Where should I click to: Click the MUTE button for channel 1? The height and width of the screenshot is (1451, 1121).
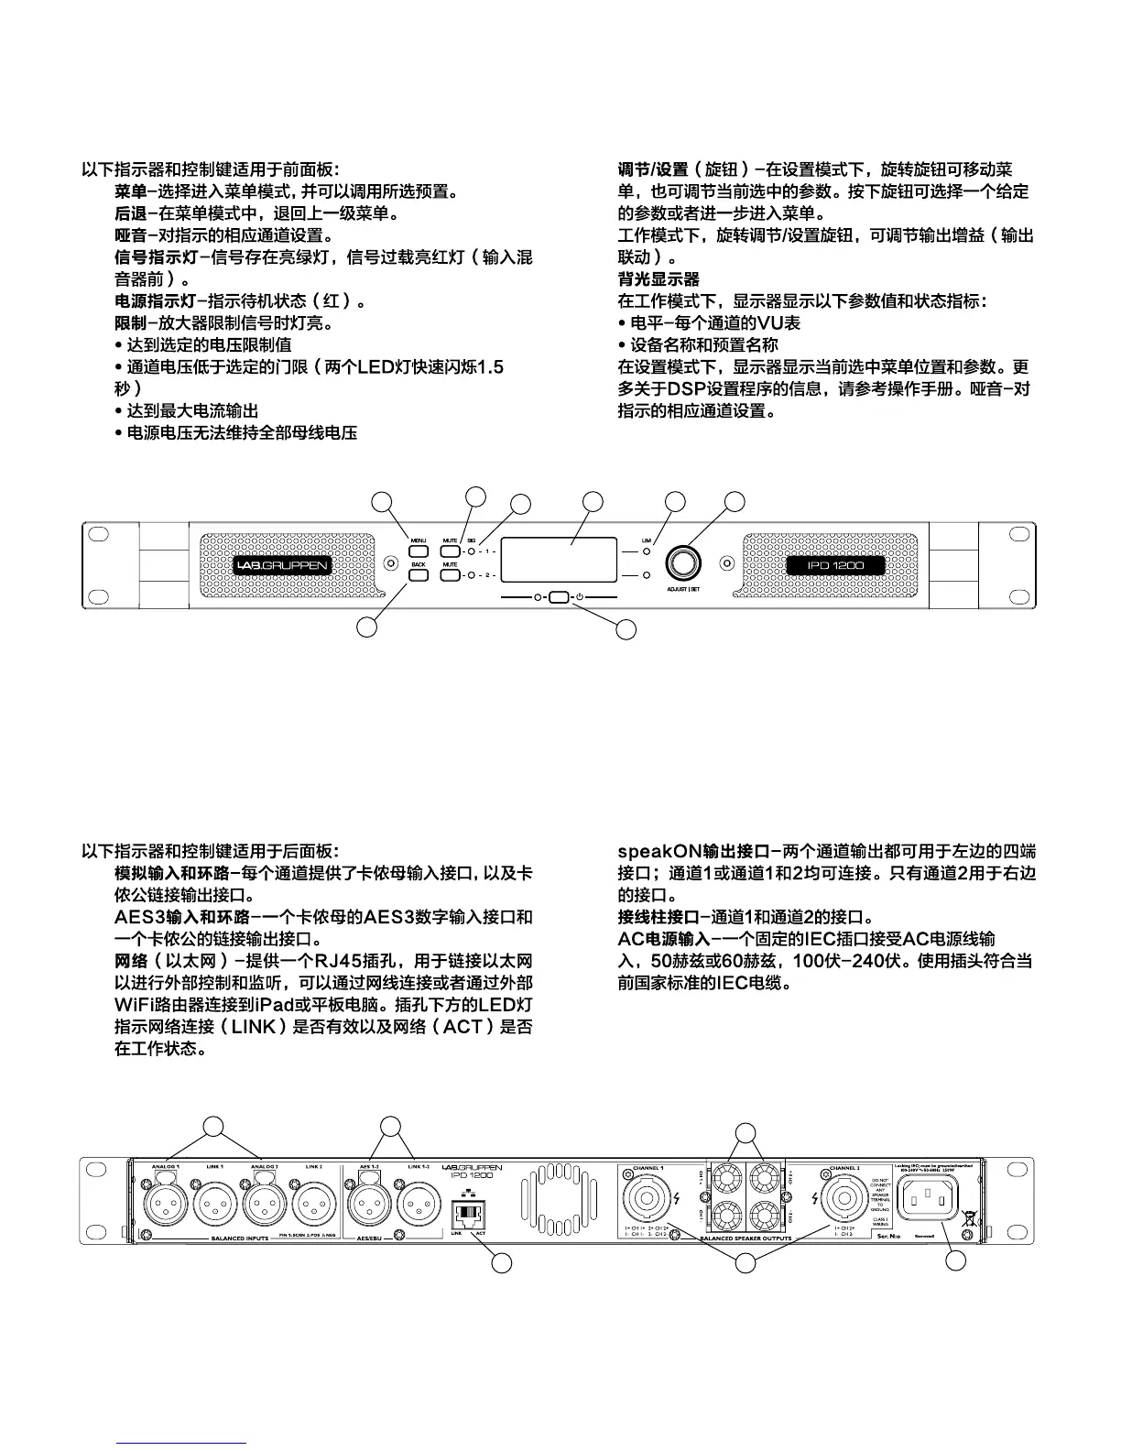click(450, 551)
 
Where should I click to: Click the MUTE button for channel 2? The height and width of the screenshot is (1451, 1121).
click(450, 575)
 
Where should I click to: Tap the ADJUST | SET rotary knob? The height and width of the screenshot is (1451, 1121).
click(682, 562)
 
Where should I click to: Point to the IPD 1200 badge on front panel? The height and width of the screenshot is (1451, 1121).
click(835, 565)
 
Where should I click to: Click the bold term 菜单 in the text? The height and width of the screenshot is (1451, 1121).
click(130, 192)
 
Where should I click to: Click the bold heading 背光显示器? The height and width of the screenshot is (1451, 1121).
click(658, 279)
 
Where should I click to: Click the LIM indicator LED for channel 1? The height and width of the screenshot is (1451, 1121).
click(647, 552)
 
